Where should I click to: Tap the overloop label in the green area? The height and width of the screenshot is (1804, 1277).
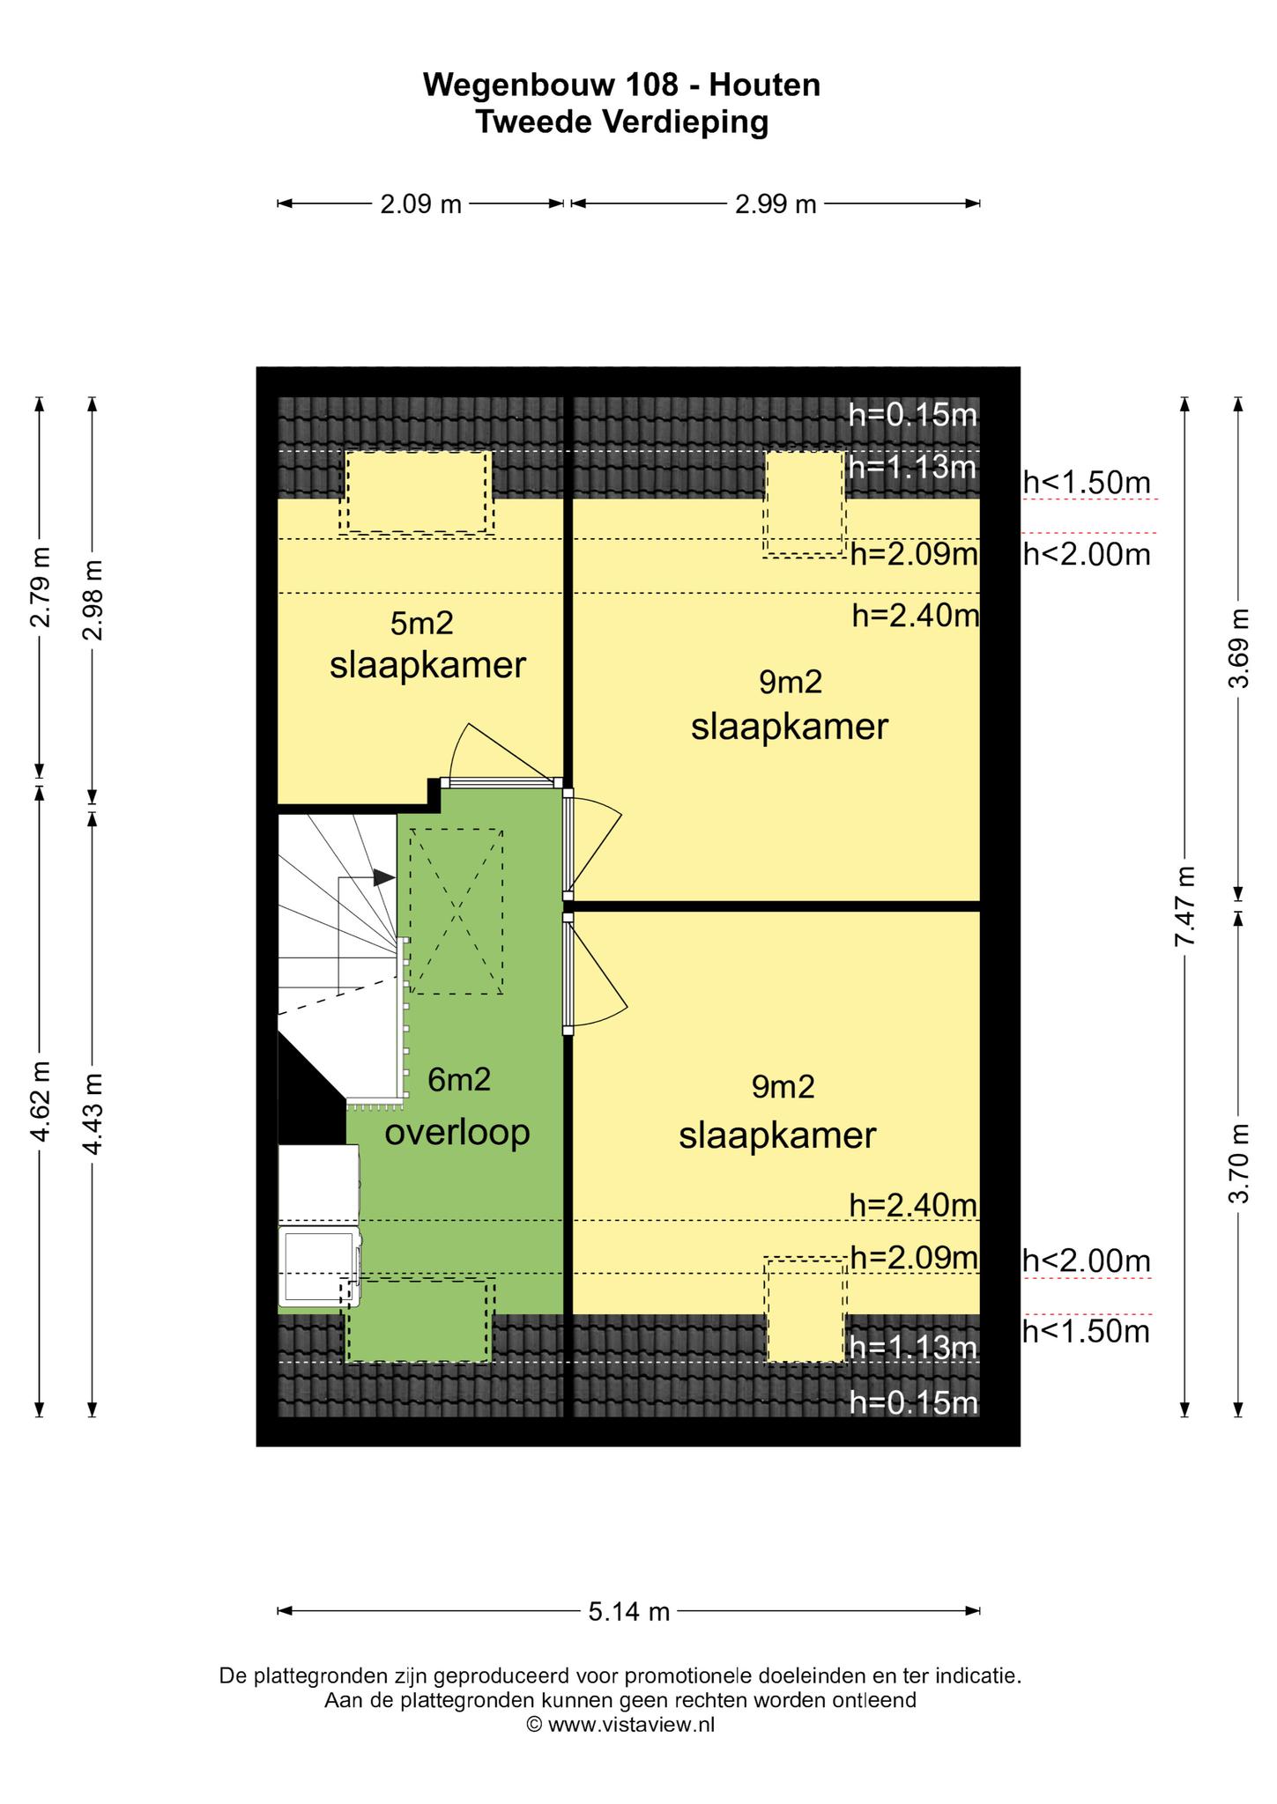(457, 1133)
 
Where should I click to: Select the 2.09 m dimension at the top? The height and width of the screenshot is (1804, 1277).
(420, 204)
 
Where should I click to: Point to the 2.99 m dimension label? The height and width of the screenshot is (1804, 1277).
(776, 204)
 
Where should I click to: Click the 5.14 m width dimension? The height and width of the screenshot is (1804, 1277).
(629, 1612)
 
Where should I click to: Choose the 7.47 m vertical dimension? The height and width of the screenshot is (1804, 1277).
(1184, 906)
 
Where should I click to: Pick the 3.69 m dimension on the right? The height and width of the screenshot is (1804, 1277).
(1238, 649)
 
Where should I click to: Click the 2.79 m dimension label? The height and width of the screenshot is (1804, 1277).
(39, 587)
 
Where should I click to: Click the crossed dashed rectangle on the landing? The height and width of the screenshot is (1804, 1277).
(457, 912)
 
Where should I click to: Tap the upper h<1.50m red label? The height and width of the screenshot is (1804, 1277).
(1087, 482)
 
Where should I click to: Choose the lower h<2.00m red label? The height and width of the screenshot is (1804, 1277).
(1087, 1261)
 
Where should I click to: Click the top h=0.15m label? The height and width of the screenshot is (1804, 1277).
(913, 414)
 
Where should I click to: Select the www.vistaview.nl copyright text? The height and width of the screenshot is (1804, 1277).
(620, 1724)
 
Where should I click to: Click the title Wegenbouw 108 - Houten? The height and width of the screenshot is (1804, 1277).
(622, 85)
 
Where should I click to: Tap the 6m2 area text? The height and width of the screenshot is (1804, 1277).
(459, 1079)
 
